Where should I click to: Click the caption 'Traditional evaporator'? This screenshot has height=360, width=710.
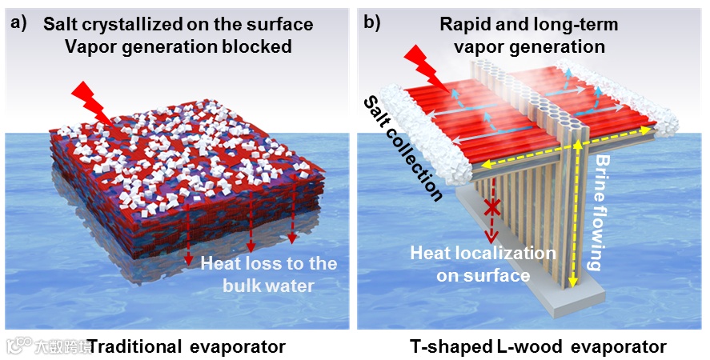coord(186,346)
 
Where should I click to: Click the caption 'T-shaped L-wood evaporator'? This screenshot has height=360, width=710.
coord(538,346)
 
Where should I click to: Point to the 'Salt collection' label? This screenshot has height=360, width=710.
coord(402,148)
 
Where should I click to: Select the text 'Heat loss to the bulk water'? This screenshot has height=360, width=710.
coord(268,273)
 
